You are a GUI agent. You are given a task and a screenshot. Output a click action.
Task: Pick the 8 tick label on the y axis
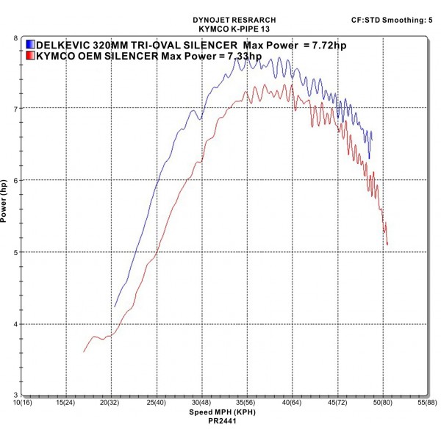pyautogui.click(x=16, y=37)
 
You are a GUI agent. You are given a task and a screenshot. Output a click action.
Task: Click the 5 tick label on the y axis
pyautogui.click(x=16, y=252)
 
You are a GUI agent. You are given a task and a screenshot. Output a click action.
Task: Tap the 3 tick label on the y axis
pyautogui.click(x=16, y=395)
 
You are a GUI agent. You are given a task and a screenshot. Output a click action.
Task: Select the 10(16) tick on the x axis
pyautogui.click(x=21, y=403)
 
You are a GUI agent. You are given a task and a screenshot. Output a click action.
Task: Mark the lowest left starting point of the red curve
pyautogui.click(x=84, y=352)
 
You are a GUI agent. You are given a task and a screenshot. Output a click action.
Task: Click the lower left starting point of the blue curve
pyautogui.click(x=115, y=306)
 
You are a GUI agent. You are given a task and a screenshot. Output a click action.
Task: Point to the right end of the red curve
pyautogui.click(x=387, y=244)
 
